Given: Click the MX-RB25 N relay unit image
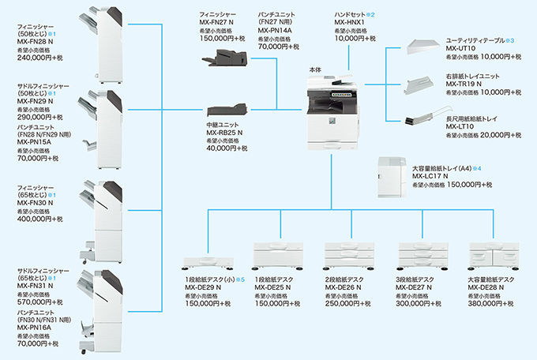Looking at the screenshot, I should pos(225,114).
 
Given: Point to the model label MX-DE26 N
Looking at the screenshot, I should pos(344,288).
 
